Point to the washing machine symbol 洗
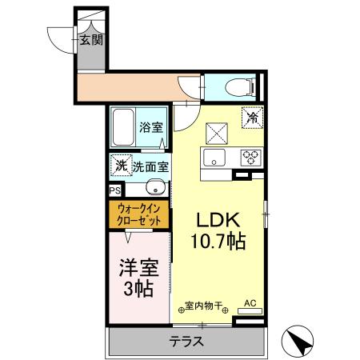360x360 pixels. (119, 166)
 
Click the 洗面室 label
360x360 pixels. (150, 167)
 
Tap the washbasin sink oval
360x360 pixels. (158, 190)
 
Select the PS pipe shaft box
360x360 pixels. (114, 191)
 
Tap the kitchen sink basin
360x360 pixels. (214, 156)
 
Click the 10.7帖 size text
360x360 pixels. (218, 240)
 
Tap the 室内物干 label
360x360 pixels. (204, 305)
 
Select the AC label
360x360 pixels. (249, 303)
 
